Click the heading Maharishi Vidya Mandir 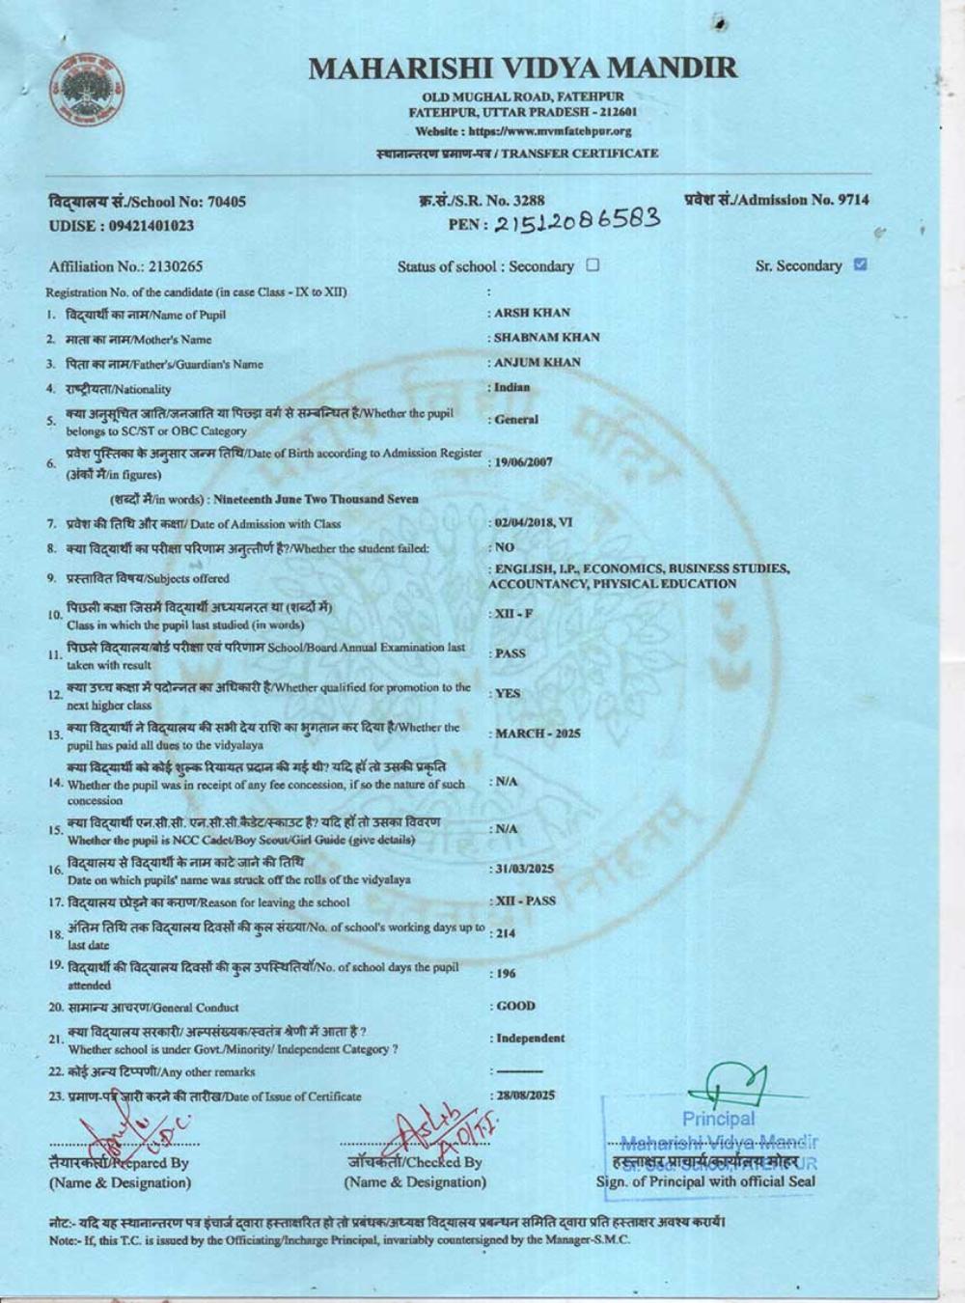point(523,69)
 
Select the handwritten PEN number point(578,222)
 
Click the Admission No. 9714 point(777,200)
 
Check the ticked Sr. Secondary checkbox point(861,264)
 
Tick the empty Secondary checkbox point(593,265)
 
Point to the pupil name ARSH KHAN point(532,313)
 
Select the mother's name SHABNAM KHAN point(546,338)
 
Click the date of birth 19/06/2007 point(524,462)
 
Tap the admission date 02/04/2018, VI point(534,522)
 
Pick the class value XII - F point(513,614)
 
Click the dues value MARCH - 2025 point(538,734)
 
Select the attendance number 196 point(503,974)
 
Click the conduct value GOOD point(515,1006)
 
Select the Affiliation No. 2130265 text point(125,266)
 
